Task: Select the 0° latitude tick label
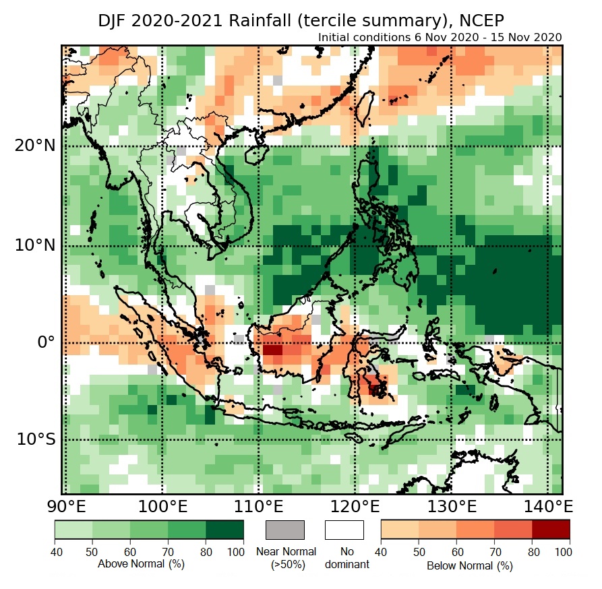pyautogui.click(x=45, y=342)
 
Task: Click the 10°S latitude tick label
pyautogui.click(x=36, y=439)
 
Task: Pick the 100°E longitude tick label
pyautogui.click(x=162, y=506)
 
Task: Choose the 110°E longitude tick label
pyautogui.click(x=259, y=506)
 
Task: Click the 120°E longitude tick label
pyautogui.click(x=355, y=506)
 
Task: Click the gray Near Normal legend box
pyautogui.click(x=286, y=530)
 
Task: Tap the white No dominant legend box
pyautogui.click(x=344, y=530)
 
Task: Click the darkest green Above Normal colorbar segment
pyautogui.click(x=225, y=530)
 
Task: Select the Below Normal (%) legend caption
pyautogui.click(x=470, y=566)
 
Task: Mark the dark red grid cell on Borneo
pyautogui.click(x=272, y=350)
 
